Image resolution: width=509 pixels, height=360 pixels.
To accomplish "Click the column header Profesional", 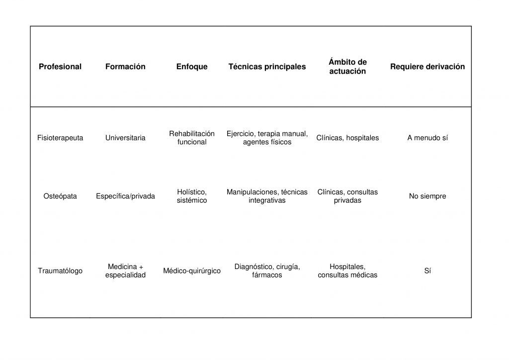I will [x=60, y=67].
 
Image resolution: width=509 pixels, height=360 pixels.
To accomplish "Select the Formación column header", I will [x=125, y=67].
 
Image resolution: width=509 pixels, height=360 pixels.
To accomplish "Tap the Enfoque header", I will [x=192, y=67].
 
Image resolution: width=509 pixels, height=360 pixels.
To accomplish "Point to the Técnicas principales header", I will [x=267, y=67].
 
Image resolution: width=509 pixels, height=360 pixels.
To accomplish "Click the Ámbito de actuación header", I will [x=347, y=67].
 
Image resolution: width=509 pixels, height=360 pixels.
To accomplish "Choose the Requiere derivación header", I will [x=427, y=67].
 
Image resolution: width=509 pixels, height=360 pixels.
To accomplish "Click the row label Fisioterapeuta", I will [x=60, y=138].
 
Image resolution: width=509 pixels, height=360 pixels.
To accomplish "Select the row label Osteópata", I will [x=60, y=196].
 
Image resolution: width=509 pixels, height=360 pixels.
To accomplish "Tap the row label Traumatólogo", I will [x=60, y=271].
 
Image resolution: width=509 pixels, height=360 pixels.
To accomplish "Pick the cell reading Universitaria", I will [x=125, y=138].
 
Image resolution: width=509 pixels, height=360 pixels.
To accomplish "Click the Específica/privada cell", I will [x=125, y=196].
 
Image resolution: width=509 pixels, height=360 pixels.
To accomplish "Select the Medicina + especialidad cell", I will [x=125, y=271].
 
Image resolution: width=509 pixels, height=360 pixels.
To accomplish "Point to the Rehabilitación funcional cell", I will [x=192, y=138].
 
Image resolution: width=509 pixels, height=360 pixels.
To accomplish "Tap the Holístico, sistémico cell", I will [x=192, y=196].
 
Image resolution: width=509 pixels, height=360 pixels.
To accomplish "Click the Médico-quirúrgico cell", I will [x=192, y=271].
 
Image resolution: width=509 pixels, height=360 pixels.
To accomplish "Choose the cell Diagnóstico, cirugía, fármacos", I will [x=267, y=271].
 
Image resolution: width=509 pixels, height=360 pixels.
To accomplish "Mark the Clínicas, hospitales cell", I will [x=347, y=138].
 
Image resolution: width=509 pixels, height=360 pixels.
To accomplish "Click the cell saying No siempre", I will [x=427, y=196].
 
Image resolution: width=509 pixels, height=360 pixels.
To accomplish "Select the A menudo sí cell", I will [x=427, y=138].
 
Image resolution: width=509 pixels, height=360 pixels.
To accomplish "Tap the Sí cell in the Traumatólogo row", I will [x=427, y=271].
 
